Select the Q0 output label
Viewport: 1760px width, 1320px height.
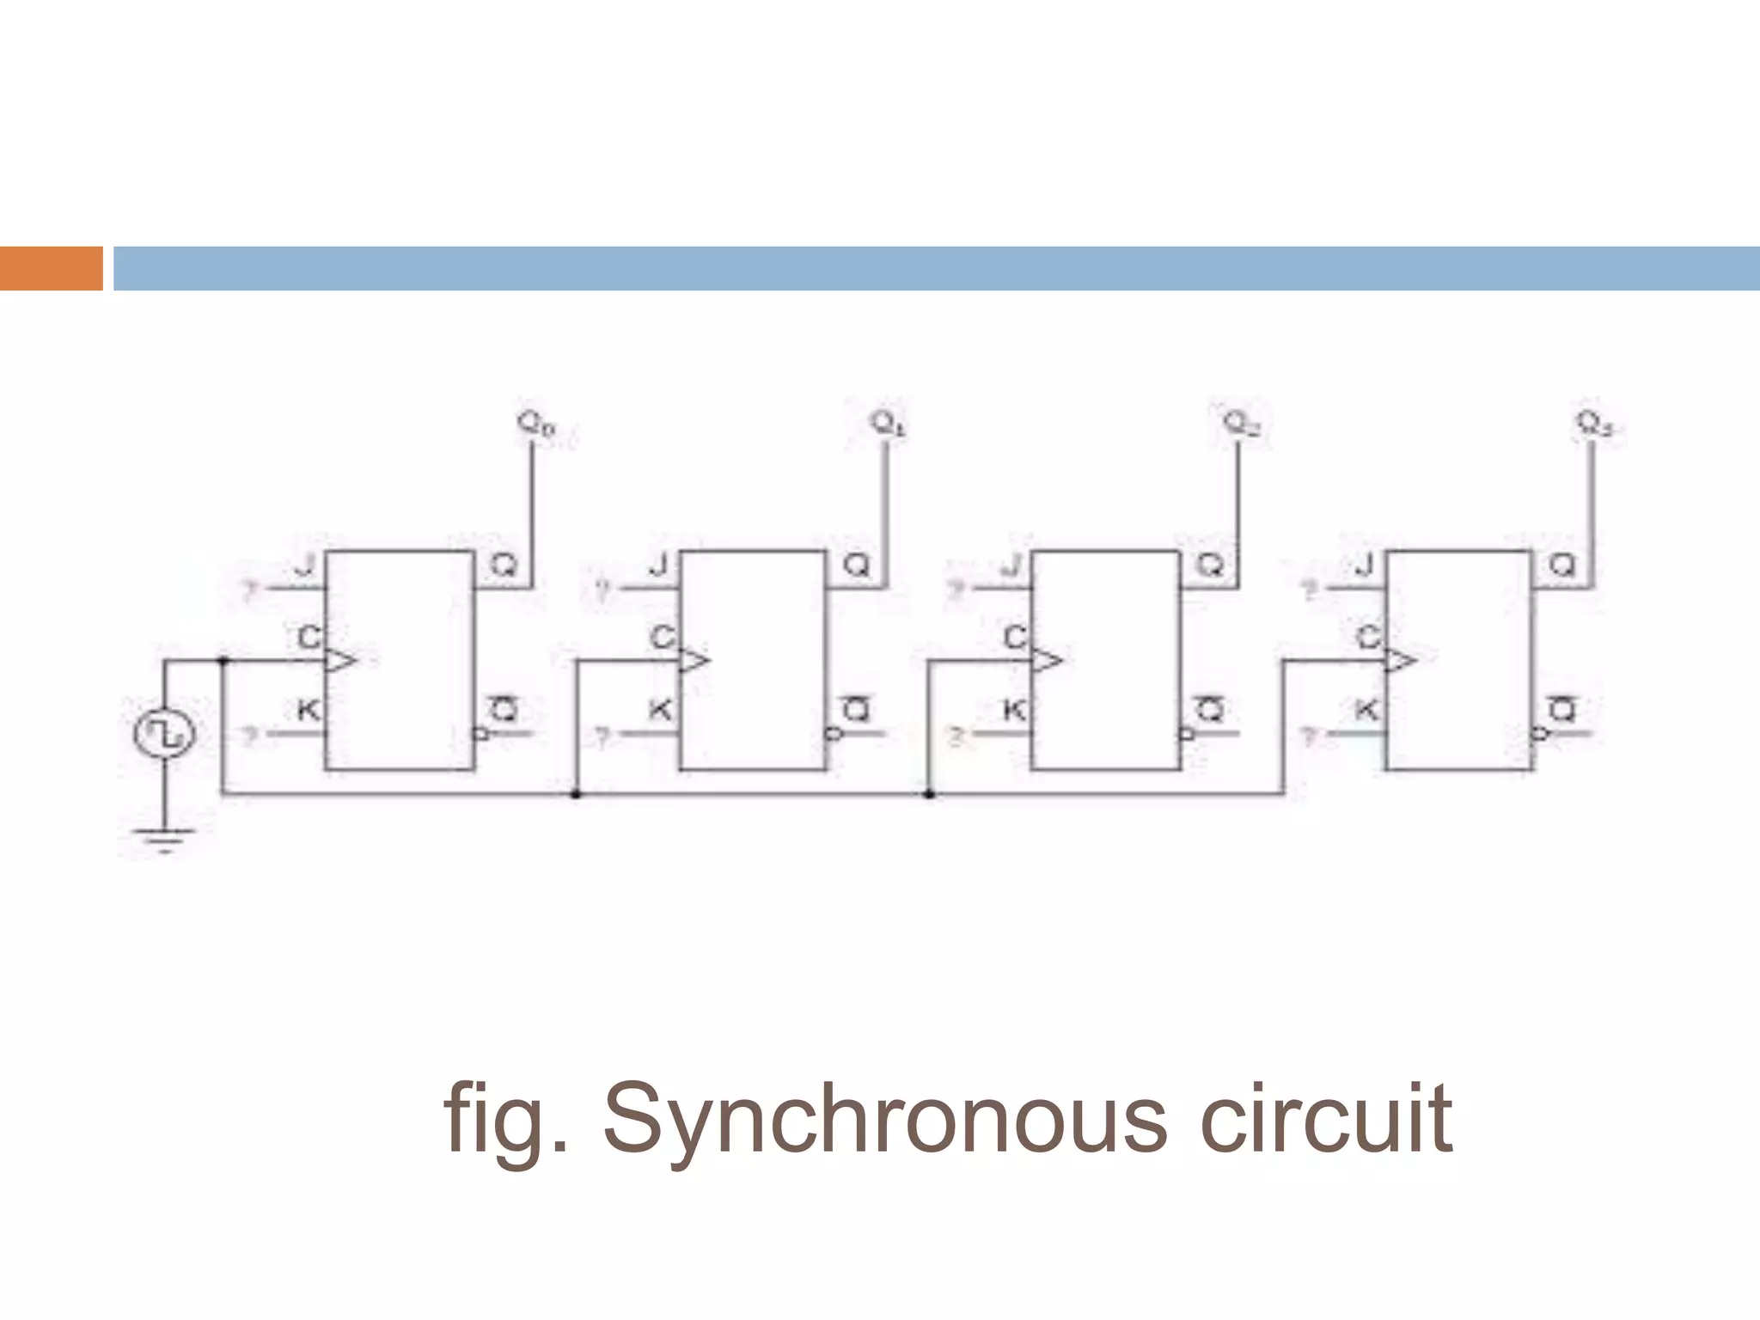tap(536, 425)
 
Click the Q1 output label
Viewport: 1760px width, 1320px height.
tap(888, 424)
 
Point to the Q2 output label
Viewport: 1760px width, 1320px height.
tap(1241, 424)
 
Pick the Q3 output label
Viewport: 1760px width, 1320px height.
tap(1594, 424)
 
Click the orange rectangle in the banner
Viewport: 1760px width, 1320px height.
tap(51, 268)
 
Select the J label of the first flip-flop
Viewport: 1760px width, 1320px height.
tap(304, 566)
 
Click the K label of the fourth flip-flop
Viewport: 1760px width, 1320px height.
tap(1366, 711)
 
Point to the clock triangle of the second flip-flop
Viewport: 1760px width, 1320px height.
tap(694, 660)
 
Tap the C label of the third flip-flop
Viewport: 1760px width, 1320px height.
tap(1015, 638)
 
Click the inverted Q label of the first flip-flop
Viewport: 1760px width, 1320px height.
tap(504, 710)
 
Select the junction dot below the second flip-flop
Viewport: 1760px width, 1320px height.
tap(576, 794)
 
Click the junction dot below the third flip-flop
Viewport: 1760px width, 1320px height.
tap(929, 794)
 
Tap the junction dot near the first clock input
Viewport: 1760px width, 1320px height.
tap(223, 660)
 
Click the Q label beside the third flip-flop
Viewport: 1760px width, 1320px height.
tap(1210, 565)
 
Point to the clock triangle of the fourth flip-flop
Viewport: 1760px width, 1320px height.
tap(1400, 660)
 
